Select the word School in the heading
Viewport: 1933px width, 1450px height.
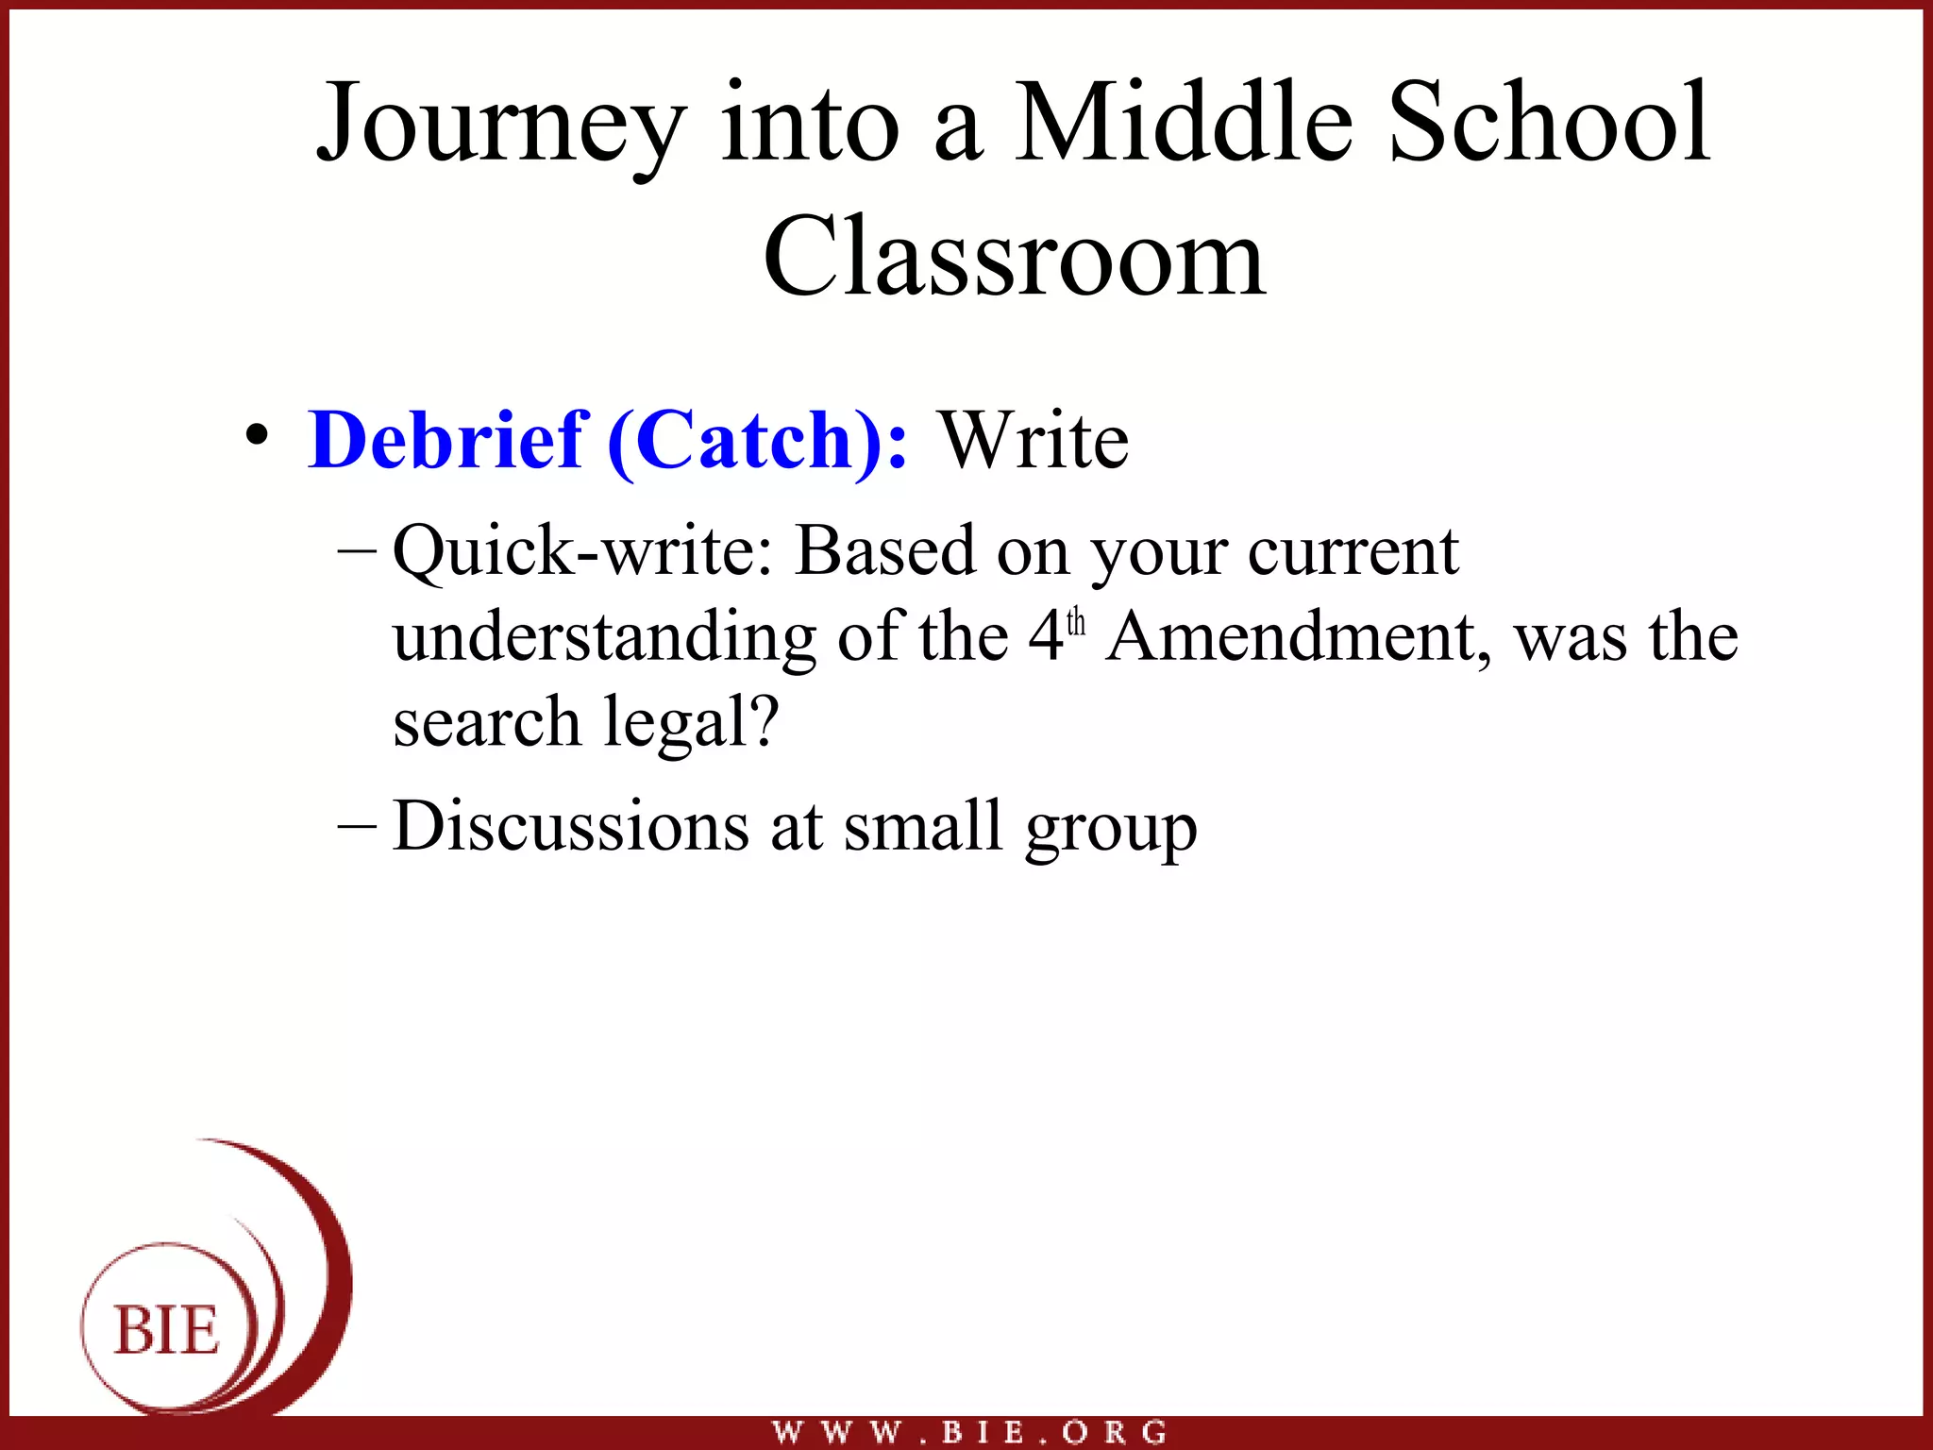coord(1549,123)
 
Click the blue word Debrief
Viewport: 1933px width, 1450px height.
coord(448,440)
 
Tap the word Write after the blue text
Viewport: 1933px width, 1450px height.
coord(1034,440)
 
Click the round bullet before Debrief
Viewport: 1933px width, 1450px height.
coord(256,436)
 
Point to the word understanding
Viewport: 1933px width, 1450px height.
coord(605,638)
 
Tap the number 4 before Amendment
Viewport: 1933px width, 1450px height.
coord(1046,636)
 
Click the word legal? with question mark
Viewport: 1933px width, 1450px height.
coord(691,723)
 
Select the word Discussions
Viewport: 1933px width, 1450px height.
coord(571,826)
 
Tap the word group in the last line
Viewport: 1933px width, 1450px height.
coord(1111,829)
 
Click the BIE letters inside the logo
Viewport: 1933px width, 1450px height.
coord(167,1331)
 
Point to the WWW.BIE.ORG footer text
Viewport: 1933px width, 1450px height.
coord(969,1433)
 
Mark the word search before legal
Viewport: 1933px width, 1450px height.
coord(486,723)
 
